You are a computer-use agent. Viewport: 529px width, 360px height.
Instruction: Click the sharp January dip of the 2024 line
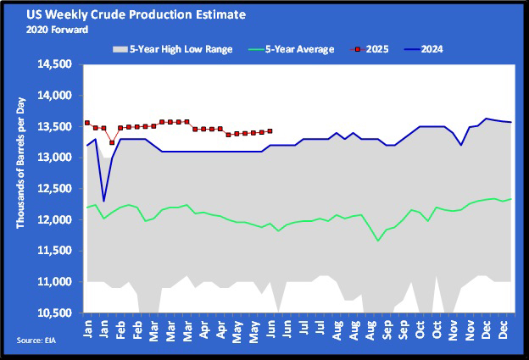tap(103, 201)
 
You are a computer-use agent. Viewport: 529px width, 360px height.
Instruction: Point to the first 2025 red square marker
tap(87, 123)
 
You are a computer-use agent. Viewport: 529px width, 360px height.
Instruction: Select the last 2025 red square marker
tap(270, 130)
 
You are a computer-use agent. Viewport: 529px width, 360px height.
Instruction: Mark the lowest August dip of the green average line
tap(378, 241)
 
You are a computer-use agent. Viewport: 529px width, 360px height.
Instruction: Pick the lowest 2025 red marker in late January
tap(112, 142)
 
